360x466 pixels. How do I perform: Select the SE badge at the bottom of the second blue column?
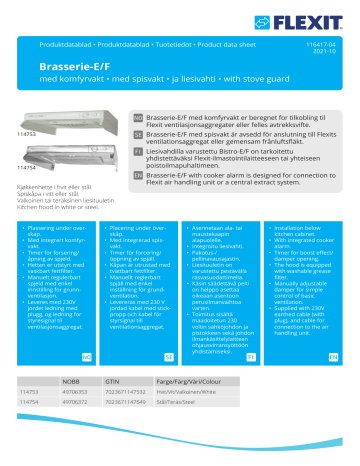tap(169, 355)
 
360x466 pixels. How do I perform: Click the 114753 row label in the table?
tap(29, 392)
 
